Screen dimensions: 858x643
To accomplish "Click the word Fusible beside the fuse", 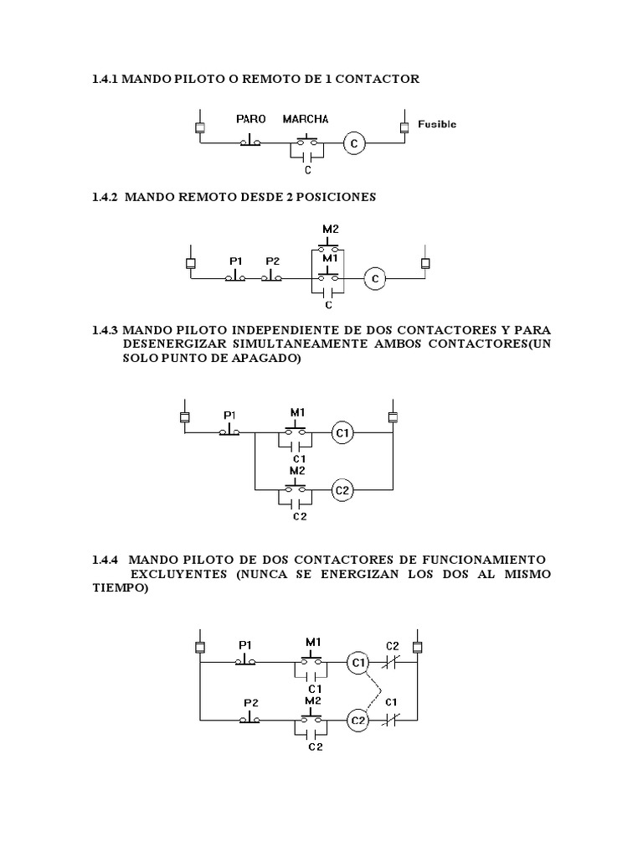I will (437, 124).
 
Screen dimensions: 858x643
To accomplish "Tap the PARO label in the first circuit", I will (250, 119).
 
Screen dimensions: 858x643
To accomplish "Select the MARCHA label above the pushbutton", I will (306, 119).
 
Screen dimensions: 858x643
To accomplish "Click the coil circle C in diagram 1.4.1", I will (354, 144).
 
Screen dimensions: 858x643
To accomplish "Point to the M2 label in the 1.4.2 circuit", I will (331, 229).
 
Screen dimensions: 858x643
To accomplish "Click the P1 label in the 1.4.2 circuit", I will (236, 261).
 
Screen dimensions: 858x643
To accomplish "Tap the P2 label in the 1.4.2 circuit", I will (273, 261).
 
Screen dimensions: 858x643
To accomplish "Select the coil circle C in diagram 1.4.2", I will (376, 278).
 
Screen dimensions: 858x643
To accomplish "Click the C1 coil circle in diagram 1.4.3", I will (342, 432).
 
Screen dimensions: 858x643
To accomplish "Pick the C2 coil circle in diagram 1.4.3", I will (342, 489).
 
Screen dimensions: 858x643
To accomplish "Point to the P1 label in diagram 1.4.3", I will (230, 415).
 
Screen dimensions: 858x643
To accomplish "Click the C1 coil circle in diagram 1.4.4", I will (358, 663).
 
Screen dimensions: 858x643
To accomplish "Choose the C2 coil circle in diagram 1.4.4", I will (358, 720).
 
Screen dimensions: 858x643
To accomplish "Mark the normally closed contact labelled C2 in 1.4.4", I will (391, 663).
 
